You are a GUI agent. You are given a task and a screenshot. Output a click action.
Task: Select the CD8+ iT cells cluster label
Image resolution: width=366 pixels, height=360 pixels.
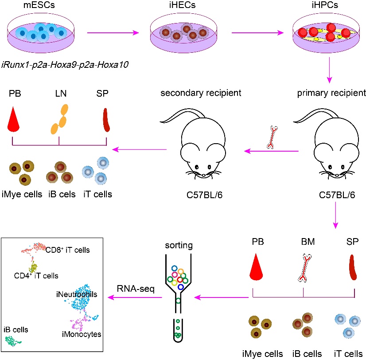pos(68,250)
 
